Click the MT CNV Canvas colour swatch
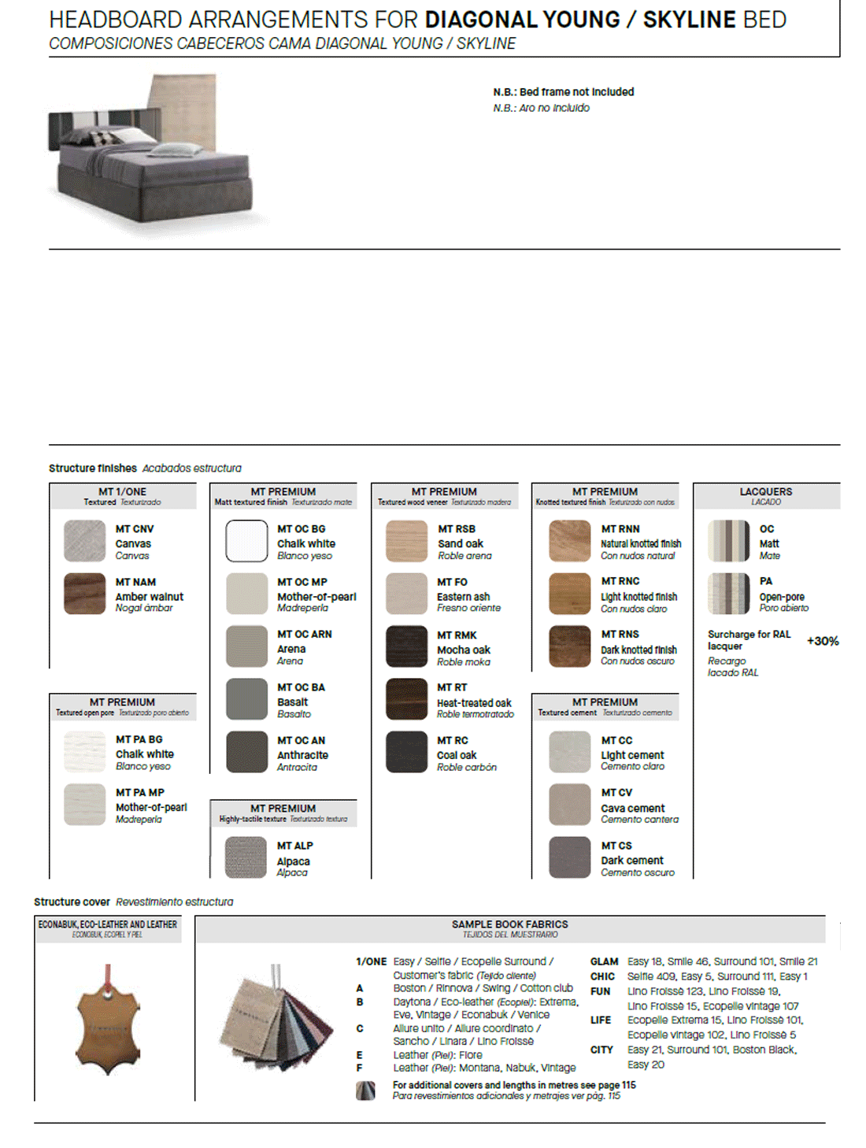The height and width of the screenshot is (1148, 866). click(x=84, y=541)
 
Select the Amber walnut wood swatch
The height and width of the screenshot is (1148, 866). click(x=84, y=594)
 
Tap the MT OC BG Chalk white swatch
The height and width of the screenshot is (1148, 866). click(x=246, y=541)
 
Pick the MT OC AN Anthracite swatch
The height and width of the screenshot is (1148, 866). click(x=246, y=752)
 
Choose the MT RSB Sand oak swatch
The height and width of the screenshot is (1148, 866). click(x=406, y=541)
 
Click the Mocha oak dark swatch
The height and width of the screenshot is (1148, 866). click(x=406, y=646)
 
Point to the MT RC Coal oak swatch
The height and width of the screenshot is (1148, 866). click(x=406, y=752)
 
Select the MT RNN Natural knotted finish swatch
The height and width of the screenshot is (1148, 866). click(x=569, y=541)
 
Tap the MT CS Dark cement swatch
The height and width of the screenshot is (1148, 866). click(x=569, y=857)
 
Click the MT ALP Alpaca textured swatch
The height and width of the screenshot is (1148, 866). click(x=246, y=857)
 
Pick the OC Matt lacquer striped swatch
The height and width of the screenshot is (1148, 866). click(x=728, y=541)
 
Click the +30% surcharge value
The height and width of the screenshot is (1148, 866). click(x=823, y=641)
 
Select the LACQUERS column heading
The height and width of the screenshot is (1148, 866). click(x=765, y=491)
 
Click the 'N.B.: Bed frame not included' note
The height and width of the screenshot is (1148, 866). click(x=563, y=92)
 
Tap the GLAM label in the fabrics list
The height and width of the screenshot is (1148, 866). click(x=604, y=961)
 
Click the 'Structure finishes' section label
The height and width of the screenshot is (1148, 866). click(x=93, y=468)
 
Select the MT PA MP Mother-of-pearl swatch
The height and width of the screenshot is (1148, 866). click(x=84, y=804)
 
